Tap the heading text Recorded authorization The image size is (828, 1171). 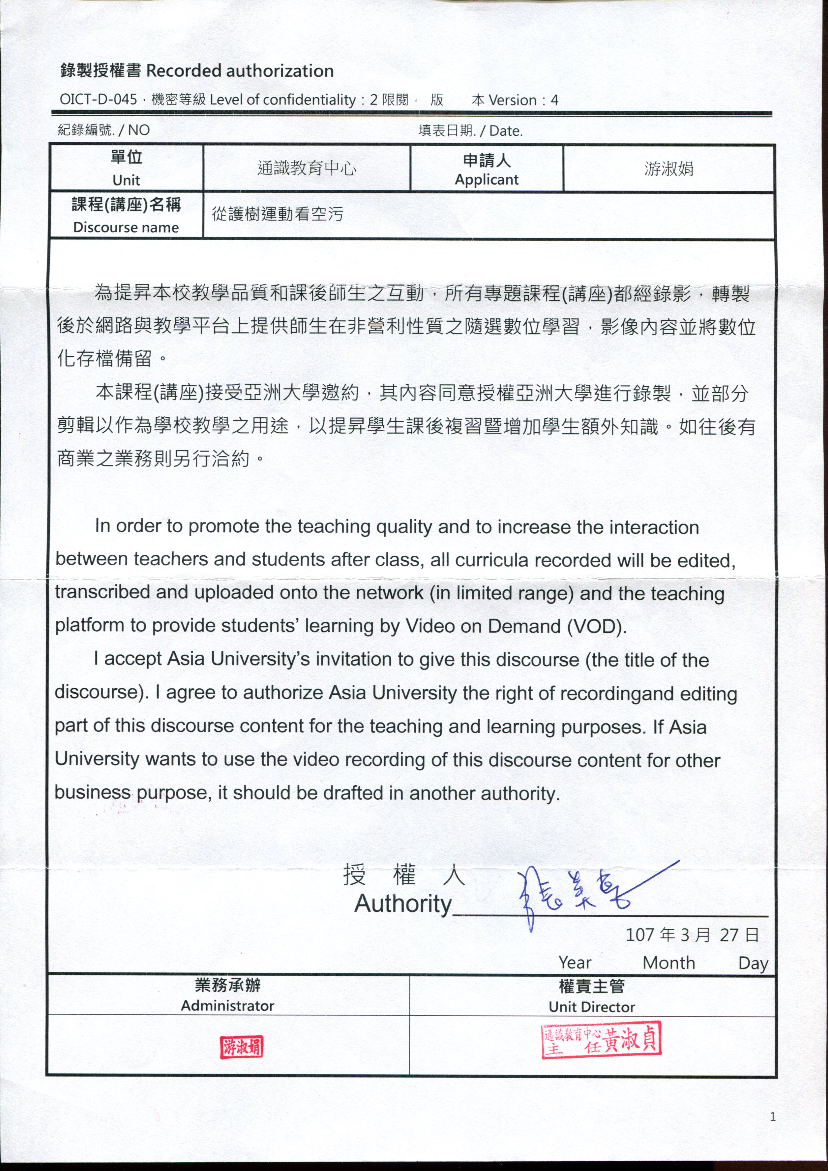pyautogui.click(x=240, y=71)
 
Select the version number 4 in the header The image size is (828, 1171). pyautogui.click(x=555, y=100)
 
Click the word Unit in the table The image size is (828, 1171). pyautogui.click(x=126, y=180)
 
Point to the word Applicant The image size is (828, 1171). pyautogui.click(x=486, y=180)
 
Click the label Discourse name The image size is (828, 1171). pyautogui.click(x=126, y=228)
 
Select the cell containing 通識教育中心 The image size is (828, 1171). pyautogui.click(x=307, y=168)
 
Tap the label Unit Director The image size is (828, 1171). pyautogui.click(x=592, y=1007)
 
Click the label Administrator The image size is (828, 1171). pyautogui.click(x=228, y=1006)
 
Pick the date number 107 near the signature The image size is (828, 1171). pyautogui.click(x=640, y=935)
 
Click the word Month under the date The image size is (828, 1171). pyautogui.click(x=668, y=963)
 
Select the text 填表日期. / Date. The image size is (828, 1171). pyautogui.click(x=470, y=131)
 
